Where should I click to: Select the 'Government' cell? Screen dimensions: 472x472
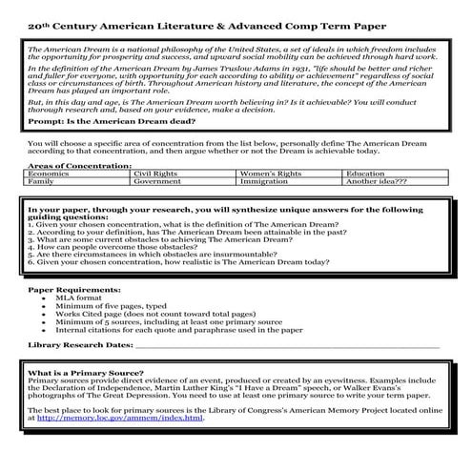coord(155,181)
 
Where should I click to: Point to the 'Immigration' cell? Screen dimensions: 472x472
coord(263,181)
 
